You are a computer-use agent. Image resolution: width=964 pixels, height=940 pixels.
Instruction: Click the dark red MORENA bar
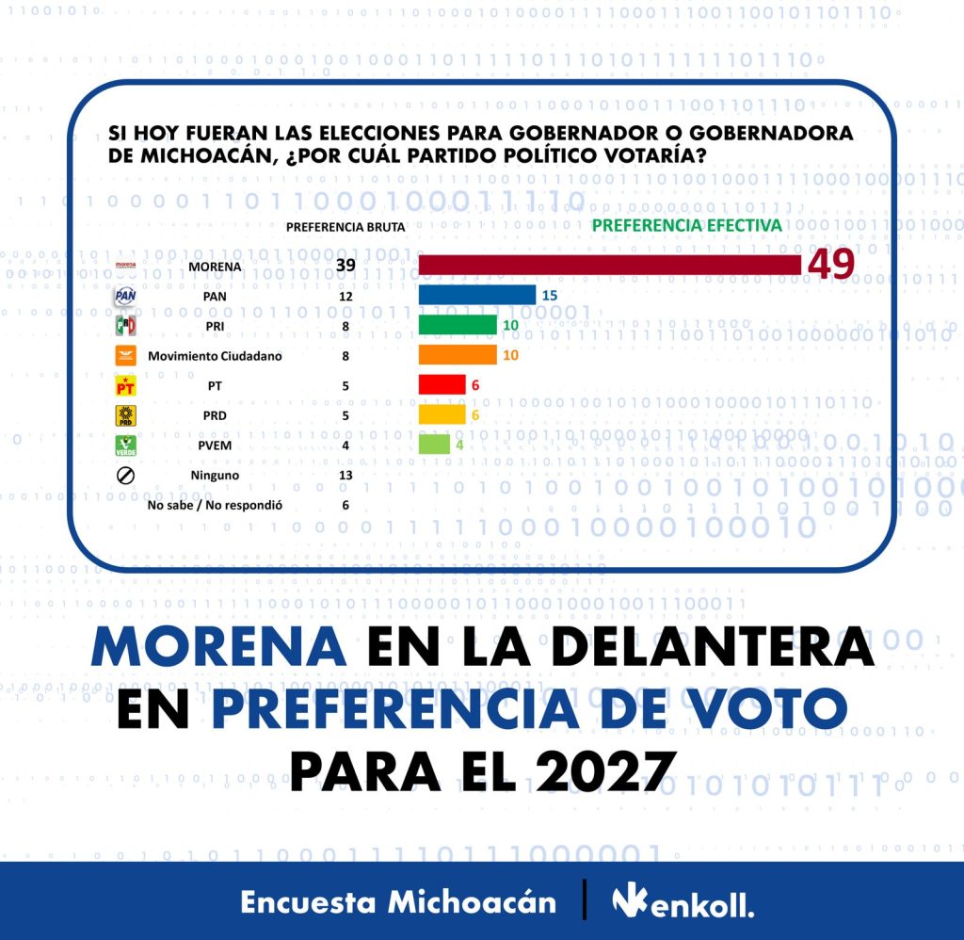click(609, 265)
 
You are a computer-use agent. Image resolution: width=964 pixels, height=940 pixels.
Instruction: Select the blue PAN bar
click(477, 296)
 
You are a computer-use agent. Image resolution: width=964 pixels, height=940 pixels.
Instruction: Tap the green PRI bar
click(458, 325)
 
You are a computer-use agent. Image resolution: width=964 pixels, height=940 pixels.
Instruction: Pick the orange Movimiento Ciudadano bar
click(458, 355)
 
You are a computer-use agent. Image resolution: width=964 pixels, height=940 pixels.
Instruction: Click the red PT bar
click(442, 384)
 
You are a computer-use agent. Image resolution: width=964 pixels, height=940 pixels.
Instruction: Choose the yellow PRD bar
click(442, 414)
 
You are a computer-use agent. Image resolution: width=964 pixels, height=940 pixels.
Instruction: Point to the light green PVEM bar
click(434, 445)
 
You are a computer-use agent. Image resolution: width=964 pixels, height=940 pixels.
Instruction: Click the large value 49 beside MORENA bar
click(829, 266)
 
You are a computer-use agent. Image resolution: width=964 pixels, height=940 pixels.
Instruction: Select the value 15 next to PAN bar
click(551, 296)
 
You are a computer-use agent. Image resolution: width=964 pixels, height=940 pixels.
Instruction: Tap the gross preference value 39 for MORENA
click(345, 266)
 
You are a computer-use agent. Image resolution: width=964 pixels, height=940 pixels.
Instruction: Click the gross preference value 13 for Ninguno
click(345, 475)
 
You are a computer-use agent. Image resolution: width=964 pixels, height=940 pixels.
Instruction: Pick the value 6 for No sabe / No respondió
click(345, 505)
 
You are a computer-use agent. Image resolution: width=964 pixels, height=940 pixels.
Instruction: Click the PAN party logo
click(125, 296)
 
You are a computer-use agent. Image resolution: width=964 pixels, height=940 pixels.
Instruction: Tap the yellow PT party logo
click(125, 385)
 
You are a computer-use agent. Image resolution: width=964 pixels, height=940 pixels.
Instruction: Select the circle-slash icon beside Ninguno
click(125, 475)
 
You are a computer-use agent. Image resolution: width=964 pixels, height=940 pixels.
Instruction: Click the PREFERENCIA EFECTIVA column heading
click(686, 226)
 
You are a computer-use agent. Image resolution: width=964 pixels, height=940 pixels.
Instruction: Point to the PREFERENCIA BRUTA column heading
click(345, 227)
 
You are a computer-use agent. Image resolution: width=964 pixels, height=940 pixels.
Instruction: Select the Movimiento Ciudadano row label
click(215, 356)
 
